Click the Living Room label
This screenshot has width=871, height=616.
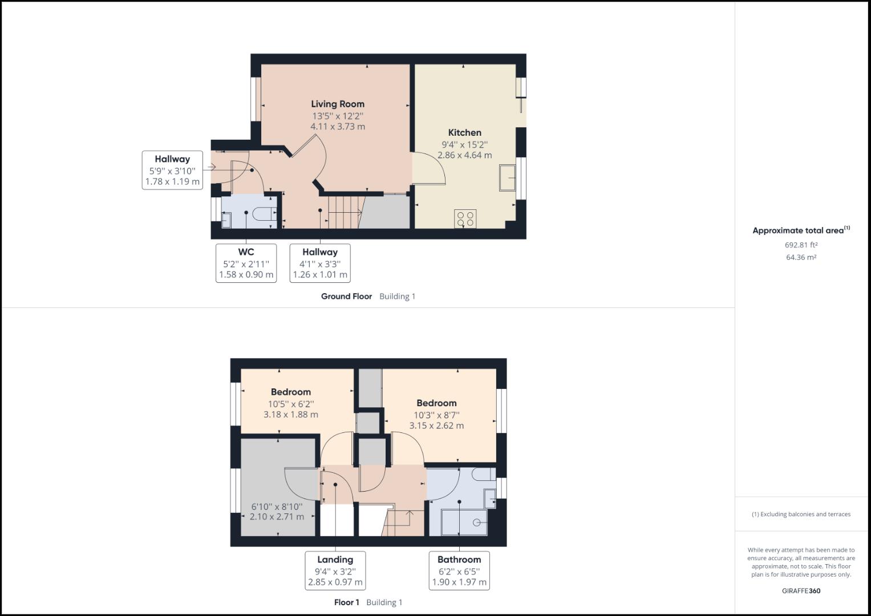coord(337,104)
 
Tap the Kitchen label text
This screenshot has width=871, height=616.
coord(464,132)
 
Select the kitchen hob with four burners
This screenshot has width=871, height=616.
coord(465,219)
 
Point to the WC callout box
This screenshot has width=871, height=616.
coord(246,263)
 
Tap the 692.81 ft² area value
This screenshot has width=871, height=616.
coord(801,245)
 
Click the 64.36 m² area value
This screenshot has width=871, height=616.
coord(801,257)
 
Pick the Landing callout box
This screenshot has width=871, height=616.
coord(335,570)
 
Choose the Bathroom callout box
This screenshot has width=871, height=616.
coord(459,570)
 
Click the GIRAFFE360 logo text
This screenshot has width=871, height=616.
coord(801,591)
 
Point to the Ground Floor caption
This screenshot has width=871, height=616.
coord(346,297)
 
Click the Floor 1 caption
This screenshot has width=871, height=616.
coord(346,602)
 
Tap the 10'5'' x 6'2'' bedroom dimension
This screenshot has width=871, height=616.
coord(291,403)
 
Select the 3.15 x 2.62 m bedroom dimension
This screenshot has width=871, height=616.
coord(436,425)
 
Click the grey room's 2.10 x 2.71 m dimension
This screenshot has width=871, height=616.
coord(277,517)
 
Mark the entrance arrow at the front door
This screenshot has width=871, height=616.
coord(209,167)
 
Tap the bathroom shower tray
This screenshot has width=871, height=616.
coord(464,522)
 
